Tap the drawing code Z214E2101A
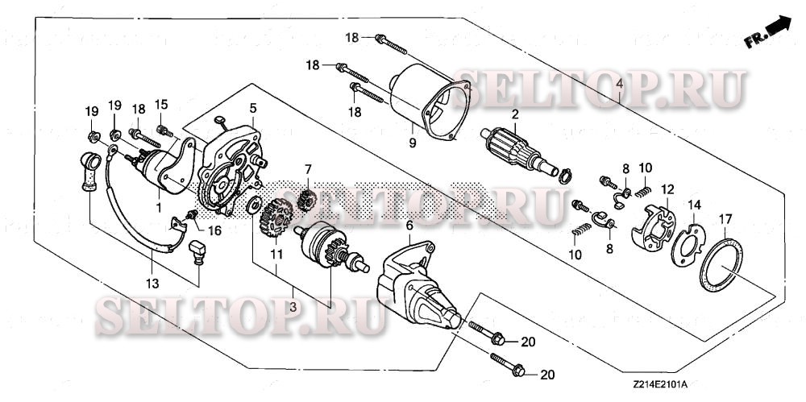665,388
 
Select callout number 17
726,218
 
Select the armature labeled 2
516,149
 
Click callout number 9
411,143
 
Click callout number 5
252,106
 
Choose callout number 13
152,282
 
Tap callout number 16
214,230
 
